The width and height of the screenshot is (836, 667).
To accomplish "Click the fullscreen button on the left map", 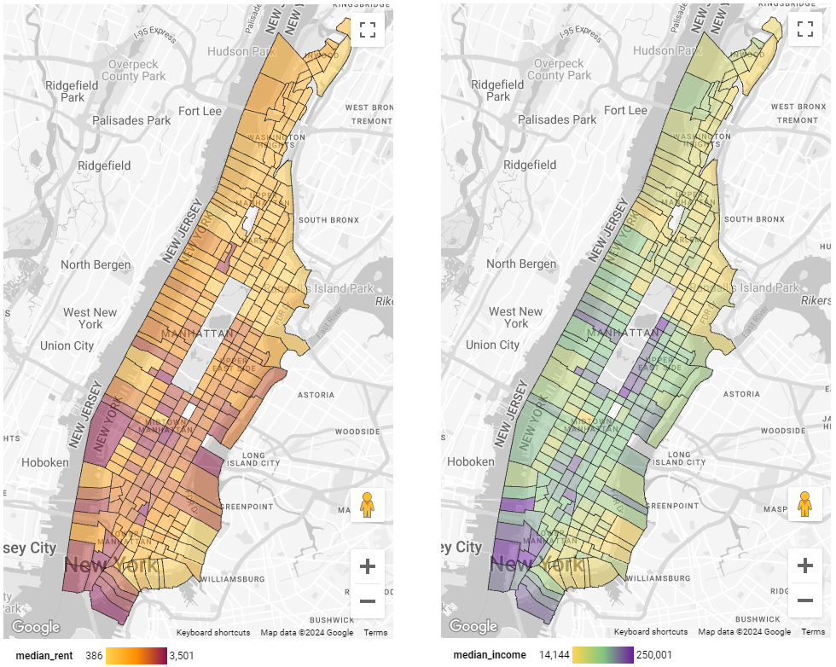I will point(368,30).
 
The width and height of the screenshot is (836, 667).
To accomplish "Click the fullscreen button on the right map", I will point(804,30).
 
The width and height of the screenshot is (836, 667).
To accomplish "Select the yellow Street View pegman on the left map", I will point(368,505).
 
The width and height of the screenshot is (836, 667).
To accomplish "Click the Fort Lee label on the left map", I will point(200,111).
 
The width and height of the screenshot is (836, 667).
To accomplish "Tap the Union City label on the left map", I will point(67,345).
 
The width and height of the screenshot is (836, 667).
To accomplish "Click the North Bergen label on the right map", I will point(521,264).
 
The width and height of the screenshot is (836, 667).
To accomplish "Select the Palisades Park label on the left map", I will point(131,120).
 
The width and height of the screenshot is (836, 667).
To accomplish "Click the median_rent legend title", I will point(42,655).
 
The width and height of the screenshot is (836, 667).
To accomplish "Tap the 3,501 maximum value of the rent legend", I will point(183,655).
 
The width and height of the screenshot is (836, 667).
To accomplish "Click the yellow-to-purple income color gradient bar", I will point(603,655).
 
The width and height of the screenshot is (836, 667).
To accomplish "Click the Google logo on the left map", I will point(35,628).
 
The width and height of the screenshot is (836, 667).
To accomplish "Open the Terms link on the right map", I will point(812,632).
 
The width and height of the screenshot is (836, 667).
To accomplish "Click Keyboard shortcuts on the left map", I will point(213,632).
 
